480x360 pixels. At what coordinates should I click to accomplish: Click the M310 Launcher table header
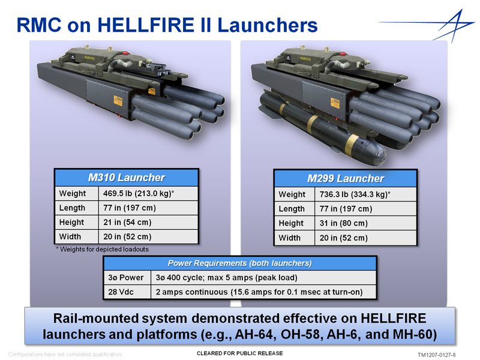tap(127, 178)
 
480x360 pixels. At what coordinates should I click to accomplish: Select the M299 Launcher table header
tap(346, 178)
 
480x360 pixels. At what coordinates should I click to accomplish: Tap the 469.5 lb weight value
tap(139, 193)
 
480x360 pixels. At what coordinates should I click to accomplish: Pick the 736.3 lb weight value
tap(355, 194)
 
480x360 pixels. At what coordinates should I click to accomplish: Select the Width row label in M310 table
tap(70, 236)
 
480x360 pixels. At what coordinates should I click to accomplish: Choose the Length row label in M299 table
tap(292, 209)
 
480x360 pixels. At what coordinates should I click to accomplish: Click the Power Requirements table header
tap(239, 263)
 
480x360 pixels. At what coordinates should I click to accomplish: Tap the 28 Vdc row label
tap(121, 292)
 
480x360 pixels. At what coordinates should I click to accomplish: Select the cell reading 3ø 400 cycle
tap(226, 278)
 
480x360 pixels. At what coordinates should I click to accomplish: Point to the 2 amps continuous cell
tap(259, 292)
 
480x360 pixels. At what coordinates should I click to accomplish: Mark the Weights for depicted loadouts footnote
tap(102, 249)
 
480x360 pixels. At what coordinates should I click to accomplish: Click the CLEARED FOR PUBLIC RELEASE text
tap(239, 353)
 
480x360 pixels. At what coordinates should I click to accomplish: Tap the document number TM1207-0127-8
tap(437, 355)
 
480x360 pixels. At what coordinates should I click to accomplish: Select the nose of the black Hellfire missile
tap(377, 154)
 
